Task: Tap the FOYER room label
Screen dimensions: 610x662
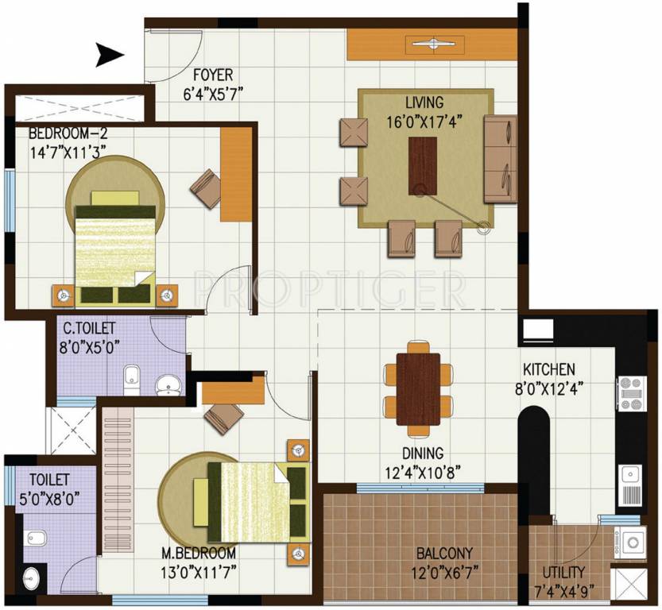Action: [x=212, y=75]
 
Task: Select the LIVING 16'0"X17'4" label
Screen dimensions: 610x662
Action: [x=424, y=112]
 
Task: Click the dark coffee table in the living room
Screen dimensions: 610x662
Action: [x=423, y=165]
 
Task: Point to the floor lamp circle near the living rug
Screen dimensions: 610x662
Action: [x=482, y=229]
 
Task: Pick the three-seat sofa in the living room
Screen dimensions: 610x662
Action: [x=500, y=159]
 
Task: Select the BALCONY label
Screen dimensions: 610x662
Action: [x=444, y=554]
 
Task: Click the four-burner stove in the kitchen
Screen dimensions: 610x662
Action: [x=632, y=393]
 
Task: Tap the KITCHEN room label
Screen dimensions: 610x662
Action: [x=548, y=369]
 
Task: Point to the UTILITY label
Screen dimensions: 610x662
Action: [x=563, y=572]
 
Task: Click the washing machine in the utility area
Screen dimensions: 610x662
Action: [x=633, y=543]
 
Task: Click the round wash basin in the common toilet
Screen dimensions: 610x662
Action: [x=168, y=387]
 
